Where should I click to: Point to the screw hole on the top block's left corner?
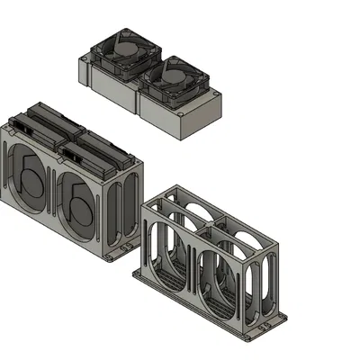[x=86, y=63]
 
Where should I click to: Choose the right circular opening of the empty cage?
[x=216, y=288]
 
